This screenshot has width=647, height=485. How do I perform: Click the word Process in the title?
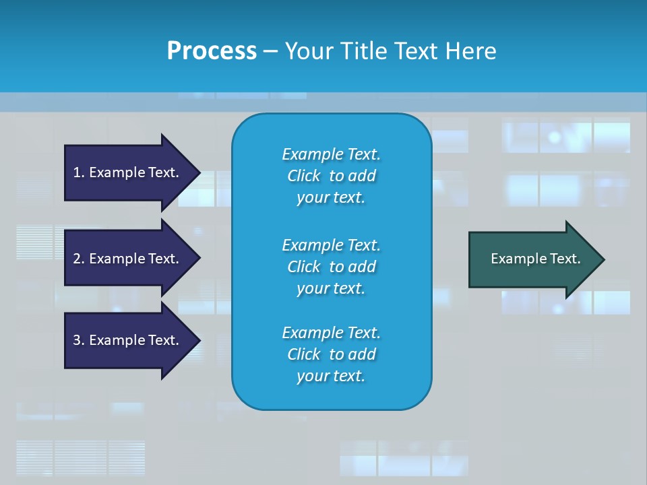coord(212,51)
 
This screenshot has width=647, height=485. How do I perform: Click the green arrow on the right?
coord(532,259)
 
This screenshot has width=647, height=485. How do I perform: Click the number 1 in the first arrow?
coord(77,173)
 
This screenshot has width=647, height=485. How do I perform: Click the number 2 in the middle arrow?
coord(77,259)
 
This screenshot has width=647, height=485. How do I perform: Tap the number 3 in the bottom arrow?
coord(77,341)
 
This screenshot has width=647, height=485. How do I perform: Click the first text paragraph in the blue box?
coord(331,176)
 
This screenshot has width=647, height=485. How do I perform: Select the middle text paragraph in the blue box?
coord(331,267)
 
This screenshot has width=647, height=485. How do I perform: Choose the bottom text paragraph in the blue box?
coord(331,354)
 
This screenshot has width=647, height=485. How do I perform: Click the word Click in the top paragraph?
coord(304,176)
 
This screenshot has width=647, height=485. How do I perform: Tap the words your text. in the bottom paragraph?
coord(331,377)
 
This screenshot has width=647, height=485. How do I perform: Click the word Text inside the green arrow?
coord(565,259)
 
